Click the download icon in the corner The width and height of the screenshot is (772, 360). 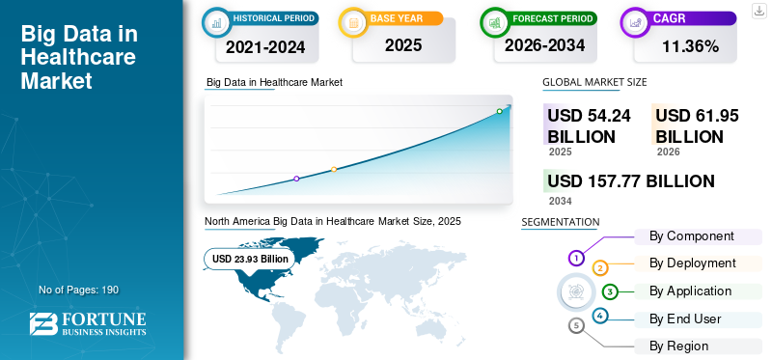[x=759, y=11]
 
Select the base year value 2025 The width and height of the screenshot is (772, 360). [x=403, y=45]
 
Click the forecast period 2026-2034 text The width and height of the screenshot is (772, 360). [x=544, y=45]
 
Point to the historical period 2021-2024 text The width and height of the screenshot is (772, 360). [x=265, y=46]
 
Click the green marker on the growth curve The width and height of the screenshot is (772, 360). [x=499, y=111]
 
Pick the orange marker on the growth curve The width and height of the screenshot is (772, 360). [x=334, y=170]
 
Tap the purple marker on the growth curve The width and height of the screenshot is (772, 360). [x=296, y=179]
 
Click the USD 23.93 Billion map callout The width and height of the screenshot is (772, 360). [x=250, y=259]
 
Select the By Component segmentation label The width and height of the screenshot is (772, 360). [x=691, y=236]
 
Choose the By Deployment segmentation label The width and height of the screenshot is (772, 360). [x=692, y=263]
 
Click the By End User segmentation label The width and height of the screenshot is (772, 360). [x=685, y=319]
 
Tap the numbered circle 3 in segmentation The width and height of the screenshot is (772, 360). [x=610, y=292]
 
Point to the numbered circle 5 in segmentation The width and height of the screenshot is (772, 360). [x=576, y=325]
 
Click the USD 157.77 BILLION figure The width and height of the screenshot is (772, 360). [x=631, y=181]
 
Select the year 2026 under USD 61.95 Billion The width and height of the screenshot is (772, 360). [x=668, y=152]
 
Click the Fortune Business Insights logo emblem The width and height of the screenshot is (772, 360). [x=43, y=324]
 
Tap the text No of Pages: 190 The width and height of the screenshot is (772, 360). [x=79, y=290]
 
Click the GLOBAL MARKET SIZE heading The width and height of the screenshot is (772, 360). [x=594, y=82]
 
